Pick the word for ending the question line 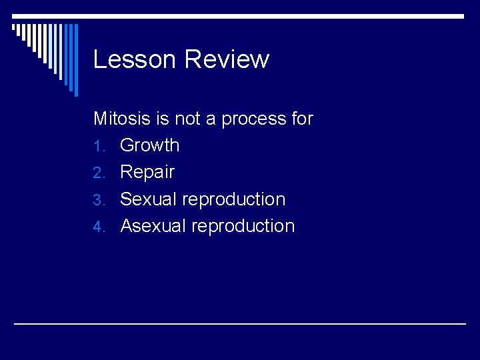click(302, 119)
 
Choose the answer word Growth click(150, 145)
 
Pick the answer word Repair click(147, 173)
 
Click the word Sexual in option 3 click(148, 199)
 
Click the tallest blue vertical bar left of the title click(75, 60)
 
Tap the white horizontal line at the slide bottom click(240, 323)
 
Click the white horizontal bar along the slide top click(240, 15)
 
